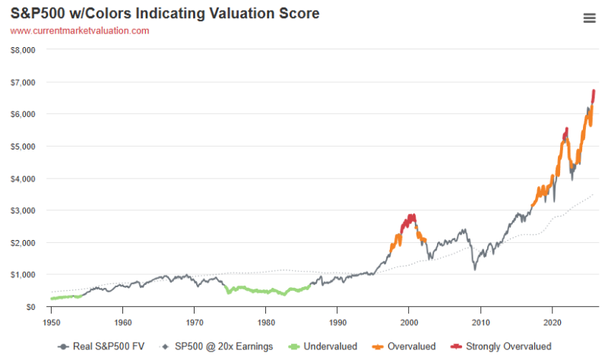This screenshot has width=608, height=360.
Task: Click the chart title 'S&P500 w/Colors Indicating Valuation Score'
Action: point(165,13)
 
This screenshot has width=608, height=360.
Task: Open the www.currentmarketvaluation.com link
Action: point(80,30)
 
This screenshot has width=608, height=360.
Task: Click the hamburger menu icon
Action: point(590,17)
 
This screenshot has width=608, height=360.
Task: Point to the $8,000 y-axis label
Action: point(23,50)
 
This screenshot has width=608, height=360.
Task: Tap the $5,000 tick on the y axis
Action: point(23,147)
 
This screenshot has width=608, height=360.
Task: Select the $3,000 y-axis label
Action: point(23,210)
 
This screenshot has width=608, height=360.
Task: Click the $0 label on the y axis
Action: point(30,307)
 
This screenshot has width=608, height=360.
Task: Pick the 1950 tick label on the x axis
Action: point(51,323)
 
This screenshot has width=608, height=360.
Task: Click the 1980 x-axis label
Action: point(266,323)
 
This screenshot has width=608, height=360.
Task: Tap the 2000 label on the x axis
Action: point(409,323)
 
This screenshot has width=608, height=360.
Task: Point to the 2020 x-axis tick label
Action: point(553,323)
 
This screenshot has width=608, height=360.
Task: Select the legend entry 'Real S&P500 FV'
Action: point(101,346)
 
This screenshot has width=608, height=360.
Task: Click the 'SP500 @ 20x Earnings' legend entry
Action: point(217,346)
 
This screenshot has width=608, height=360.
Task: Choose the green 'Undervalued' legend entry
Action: point(323,346)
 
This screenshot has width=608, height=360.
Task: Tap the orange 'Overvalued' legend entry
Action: point(404,346)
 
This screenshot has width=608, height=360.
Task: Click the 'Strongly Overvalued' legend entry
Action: point(501,346)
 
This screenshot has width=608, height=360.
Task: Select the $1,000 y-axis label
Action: point(23,275)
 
